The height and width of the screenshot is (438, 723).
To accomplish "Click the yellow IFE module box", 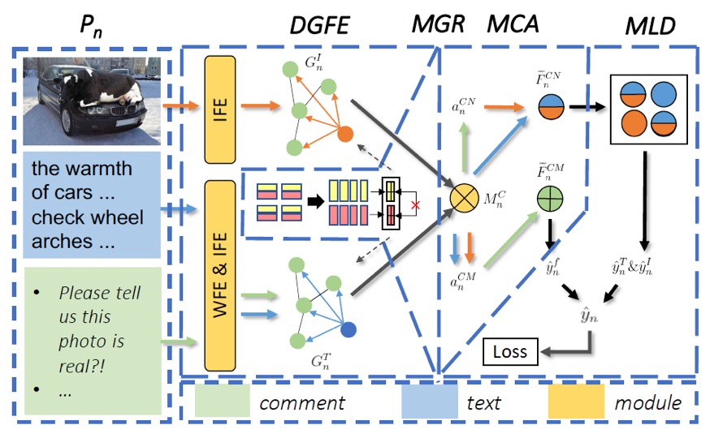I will [x=220, y=107].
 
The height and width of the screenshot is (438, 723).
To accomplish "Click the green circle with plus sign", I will [x=550, y=197].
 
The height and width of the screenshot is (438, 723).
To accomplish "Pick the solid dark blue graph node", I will [x=349, y=330].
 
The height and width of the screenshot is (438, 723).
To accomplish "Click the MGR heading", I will [x=439, y=25].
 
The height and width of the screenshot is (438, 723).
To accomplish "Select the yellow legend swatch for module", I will [x=574, y=402].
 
